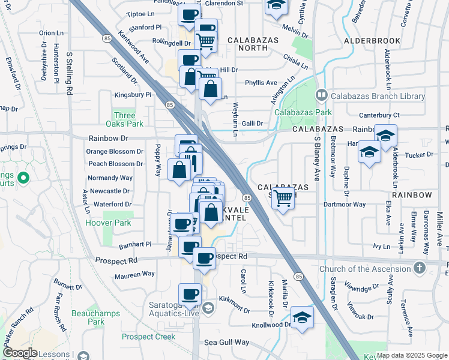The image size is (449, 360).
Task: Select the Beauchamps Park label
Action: pos(91,317)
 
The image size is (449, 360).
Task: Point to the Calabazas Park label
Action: pos(295,112)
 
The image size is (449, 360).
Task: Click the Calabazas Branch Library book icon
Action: pos(321,95)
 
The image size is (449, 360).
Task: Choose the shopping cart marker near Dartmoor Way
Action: pos(283,199)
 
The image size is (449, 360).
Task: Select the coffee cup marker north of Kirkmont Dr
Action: pos(190,294)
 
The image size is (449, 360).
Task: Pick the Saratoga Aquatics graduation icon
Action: pos(208,308)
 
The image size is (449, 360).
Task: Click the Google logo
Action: pos(19,353)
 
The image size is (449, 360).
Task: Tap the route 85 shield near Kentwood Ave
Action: pos(107,38)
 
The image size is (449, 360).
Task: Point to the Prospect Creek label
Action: pos(148,337)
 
